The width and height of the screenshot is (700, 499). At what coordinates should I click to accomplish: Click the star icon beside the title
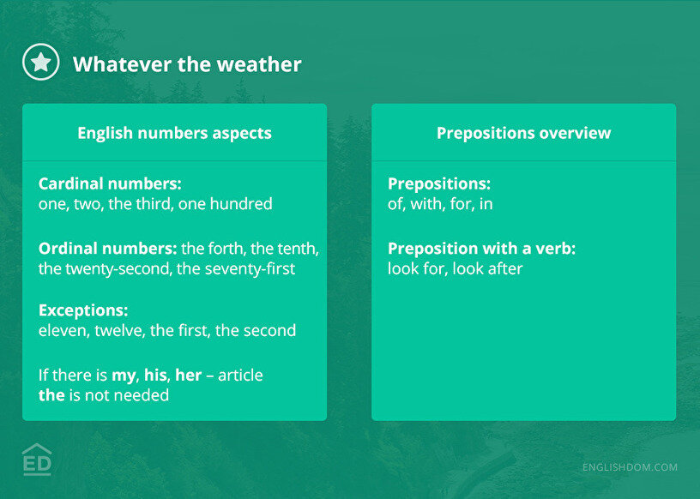click(x=40, y=62)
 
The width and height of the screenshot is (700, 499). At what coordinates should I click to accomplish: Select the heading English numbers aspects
click(x=174, y=133)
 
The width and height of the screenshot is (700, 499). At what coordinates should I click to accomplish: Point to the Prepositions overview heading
click(x=523, y=133)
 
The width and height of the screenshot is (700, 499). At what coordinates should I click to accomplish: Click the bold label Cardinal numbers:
click(x=110, y=183)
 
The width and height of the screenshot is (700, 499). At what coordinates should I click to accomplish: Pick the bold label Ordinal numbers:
click(x=107, y=248)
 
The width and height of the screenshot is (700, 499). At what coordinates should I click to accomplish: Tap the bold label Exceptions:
click(x=83, y=310)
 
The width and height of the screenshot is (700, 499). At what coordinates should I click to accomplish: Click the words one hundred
click(x=225, y=204)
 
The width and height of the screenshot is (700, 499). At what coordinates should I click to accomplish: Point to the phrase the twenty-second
click(x=105, y=268)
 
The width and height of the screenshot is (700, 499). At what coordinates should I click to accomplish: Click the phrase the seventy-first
click(x=236, y=268)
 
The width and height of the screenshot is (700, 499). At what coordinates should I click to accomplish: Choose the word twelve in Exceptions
click(x=119, y=331)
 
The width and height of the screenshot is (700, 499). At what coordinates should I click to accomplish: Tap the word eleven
click(x=63, y=331)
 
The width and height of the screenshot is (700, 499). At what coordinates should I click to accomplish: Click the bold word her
click(x=189, y=375)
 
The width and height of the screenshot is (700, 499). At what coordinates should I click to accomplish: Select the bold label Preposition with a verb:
click(x=482, y=248)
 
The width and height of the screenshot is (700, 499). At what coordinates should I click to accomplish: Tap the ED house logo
click(x=37, y=460)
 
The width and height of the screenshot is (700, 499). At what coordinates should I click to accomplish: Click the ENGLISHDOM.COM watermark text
click(x=630, y=467)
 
